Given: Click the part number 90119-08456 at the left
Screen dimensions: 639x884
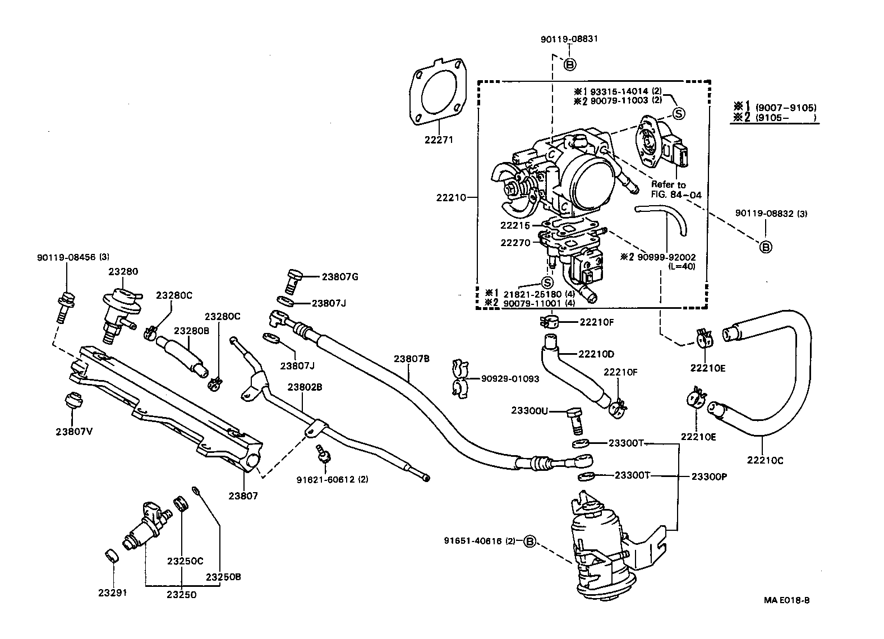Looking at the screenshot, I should click(x=66, y=258).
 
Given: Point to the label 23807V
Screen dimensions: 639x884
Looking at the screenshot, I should click(x=74, y=432).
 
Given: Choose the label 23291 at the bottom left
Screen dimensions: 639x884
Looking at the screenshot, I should click(x=112, y=593).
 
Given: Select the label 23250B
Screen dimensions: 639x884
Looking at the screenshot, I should click(x=223, y=577).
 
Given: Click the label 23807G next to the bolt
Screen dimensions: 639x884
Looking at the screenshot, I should click(x=340, y=276).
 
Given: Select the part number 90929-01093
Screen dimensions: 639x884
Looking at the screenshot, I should click(x=510, y=379).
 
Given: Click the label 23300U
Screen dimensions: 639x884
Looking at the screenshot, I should click(x=529, y=410).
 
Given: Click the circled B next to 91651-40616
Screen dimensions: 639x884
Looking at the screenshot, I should click(x=530, y=541).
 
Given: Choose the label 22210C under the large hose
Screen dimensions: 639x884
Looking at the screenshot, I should click(x=765, y=461).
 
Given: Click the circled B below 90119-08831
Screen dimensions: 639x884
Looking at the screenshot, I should click(x=570, y=65).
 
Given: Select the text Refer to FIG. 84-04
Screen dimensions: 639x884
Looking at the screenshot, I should click(x=676, y=190).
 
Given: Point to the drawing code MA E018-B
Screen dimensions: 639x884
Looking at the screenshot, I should click(x=786, y=600).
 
